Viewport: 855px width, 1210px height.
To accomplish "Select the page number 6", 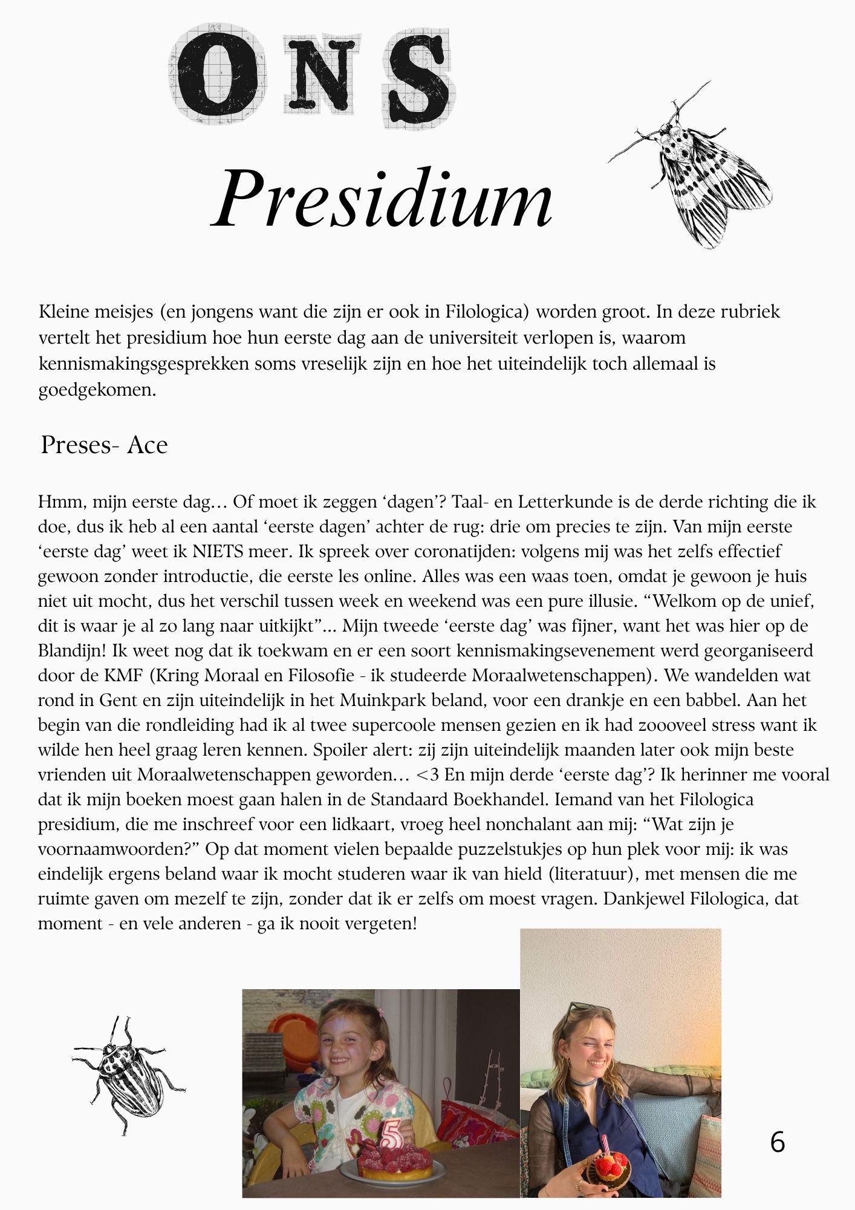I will pos(778,1142).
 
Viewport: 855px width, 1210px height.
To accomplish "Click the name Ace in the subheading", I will pos(148,445).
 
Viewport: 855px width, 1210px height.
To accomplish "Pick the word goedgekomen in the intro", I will pos(97,390).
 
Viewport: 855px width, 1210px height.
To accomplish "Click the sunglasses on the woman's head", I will pos(582,1007).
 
